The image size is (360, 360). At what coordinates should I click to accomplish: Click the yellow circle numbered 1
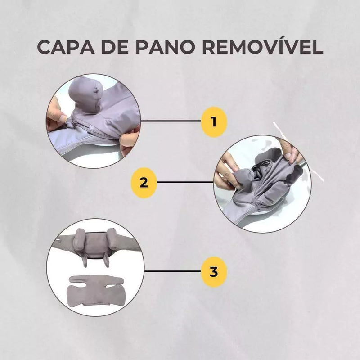click(213, 121)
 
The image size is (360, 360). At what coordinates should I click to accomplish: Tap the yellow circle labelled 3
click(213, 272)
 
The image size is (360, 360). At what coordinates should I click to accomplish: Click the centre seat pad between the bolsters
click(97, 246)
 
